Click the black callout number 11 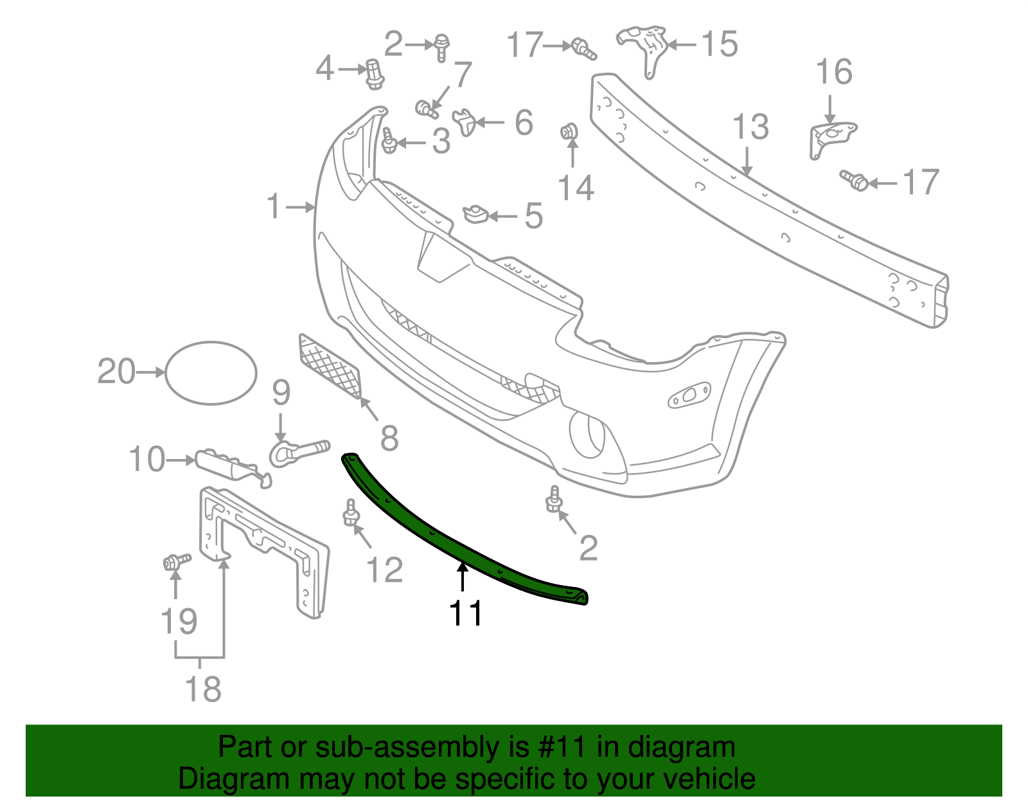point(466,613)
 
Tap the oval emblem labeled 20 point(211,373)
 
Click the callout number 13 point(750,127)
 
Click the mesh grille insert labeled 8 point(331,366)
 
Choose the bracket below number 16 point(829,138)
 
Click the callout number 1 point(274,207)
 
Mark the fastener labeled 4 point(374,73)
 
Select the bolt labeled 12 point(351,514)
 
